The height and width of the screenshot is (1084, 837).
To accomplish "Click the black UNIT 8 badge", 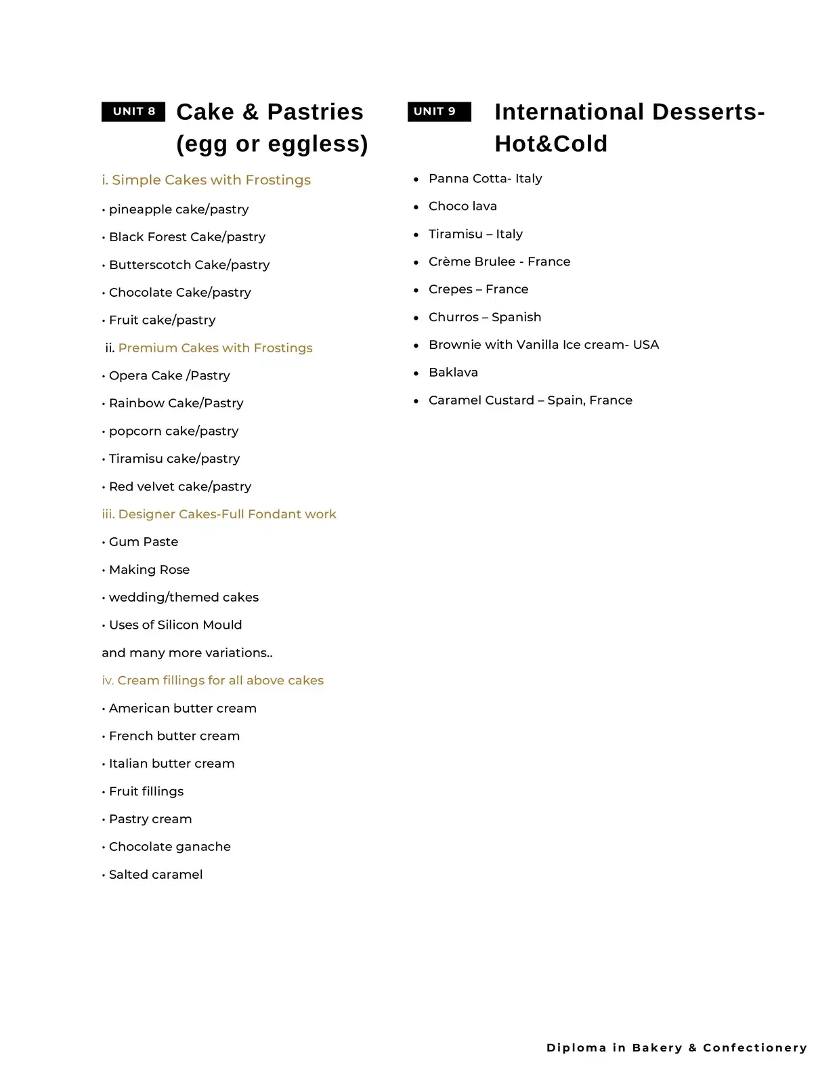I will pos(133,111).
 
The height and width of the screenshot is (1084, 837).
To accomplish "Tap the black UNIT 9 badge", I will pos(439,111).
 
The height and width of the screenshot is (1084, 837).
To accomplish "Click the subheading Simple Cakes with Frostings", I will pos(206,180).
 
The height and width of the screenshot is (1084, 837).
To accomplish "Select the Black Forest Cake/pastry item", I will pos(187,237).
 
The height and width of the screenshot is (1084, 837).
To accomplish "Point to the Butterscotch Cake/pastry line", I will pos(189,265).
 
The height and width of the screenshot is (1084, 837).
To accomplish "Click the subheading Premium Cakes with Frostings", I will pos(215,348).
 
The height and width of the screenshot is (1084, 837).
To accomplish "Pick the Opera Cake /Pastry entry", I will pos(169,376).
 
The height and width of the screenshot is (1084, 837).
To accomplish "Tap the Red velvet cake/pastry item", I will pos(179,486).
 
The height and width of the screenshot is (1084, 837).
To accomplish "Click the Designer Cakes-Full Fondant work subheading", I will pos(219,514).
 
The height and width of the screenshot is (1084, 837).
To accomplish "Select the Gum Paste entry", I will pos(144,542).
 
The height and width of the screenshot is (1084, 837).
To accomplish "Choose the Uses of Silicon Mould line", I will pos(175,625).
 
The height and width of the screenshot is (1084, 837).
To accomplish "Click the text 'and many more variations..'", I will pos(187,653).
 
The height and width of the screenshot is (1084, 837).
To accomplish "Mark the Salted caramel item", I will pos(156,875).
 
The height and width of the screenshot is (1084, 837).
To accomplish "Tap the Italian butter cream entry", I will pos(171,764).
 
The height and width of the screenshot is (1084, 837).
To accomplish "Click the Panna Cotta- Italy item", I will pos(485,179).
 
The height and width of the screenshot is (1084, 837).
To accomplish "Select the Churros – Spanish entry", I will pos(485,317).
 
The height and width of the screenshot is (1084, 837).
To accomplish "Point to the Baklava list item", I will pos(453,373).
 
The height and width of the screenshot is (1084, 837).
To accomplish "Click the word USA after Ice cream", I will pos(646,345).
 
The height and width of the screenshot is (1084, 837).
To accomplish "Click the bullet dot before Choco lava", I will pos(416,207).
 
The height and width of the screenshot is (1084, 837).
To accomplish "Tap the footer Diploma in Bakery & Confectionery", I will pos(677,1047).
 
